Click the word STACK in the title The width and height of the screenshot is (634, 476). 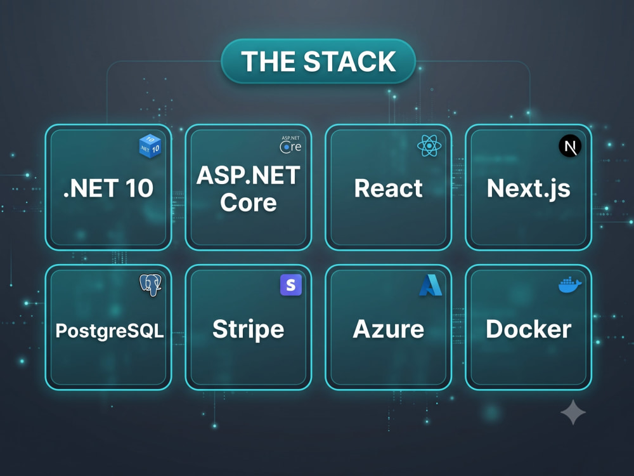coord(350,62)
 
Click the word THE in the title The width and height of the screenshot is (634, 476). coord(268,62)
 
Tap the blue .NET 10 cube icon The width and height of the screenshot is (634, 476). coord(150,146)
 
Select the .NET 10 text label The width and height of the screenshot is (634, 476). coord(108,188)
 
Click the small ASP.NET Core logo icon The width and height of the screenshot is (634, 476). coord(291,145)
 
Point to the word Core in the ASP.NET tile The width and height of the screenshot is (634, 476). coord(249,202)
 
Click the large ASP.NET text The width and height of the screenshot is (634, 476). coord(249,175)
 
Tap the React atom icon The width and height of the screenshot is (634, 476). coord(429,146)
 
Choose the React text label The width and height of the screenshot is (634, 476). coord(389,188)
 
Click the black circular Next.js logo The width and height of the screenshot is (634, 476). coord(570,146)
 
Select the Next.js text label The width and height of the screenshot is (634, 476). coord(529,188)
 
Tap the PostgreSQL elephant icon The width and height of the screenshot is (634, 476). coord(150,285)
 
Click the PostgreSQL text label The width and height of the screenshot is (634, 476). coord(110,331)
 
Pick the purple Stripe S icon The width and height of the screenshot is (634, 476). coord(291,285)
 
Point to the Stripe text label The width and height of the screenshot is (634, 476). coord(249,329)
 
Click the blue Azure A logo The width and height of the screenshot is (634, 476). coord(430,285)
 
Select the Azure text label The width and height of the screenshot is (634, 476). coord(389,329)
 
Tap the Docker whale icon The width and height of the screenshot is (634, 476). coord(570,285)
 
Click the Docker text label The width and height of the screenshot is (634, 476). coord(529,329)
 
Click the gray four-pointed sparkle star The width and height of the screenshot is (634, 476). coord(573,412)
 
